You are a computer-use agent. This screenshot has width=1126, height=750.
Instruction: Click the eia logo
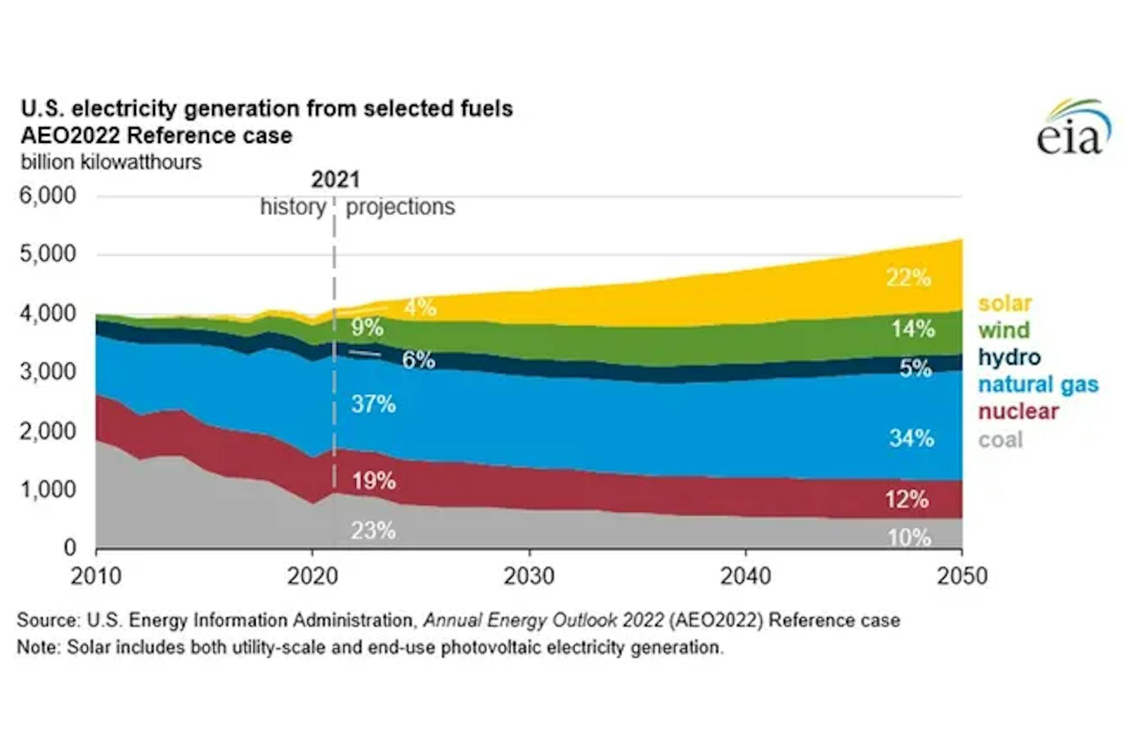(1074, 128)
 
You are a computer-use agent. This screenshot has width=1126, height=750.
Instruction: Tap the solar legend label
(1005, 303)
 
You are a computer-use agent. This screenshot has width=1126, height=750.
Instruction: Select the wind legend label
(1004, 330)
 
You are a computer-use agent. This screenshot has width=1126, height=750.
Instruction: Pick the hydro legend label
(1009, 357)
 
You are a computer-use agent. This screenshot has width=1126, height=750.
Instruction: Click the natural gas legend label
(1038, 385)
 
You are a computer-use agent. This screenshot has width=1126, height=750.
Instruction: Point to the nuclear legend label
(1018, 412)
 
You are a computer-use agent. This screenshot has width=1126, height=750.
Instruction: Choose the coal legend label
(1000, 440)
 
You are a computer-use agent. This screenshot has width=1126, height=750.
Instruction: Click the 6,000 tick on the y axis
(48, 196)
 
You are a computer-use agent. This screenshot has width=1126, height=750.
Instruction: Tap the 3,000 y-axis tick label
(48, 372)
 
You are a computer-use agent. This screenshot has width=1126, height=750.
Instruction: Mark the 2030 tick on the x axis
(529, 576)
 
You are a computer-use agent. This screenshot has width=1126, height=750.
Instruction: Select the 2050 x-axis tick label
(962, 576)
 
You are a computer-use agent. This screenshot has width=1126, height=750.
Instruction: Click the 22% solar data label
(909, 278)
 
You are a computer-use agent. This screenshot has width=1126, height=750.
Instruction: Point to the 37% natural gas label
(373, 404)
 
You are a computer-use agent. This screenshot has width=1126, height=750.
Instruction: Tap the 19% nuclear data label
(374, 481)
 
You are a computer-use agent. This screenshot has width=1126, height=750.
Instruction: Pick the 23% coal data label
(373, 530)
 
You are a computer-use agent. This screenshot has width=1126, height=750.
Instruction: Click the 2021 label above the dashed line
(336, 180)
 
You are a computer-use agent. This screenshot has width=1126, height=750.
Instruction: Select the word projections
(400, 207)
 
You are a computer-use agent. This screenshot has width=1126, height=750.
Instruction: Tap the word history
(293, 207)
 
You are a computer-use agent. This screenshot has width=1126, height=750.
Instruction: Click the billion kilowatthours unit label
(111, 162)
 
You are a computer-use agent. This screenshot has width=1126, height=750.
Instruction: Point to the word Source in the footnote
(48, 620)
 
